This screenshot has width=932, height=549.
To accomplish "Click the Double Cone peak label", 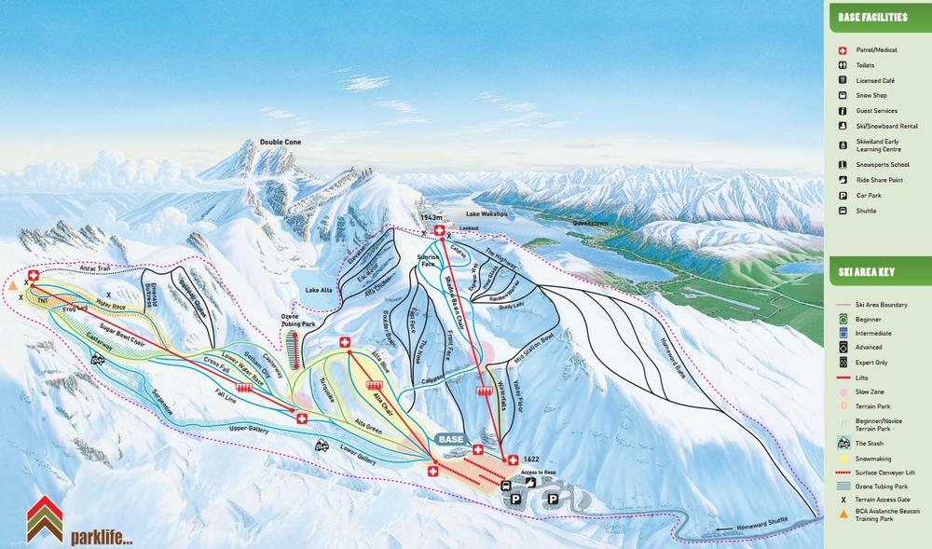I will (x=281, y=143).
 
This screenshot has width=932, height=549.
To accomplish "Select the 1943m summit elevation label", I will (x=431, y=217).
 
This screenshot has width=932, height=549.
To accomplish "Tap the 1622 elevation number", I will (x=531, y=460).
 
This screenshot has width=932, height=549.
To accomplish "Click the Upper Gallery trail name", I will (x=249, y=430).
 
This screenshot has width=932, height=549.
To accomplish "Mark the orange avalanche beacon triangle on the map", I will (x=13, y=288).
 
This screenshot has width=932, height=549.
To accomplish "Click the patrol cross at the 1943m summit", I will (x=440, y=229).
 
